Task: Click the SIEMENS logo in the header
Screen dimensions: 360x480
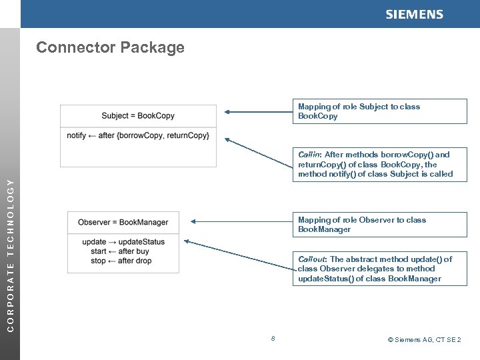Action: (414, 15)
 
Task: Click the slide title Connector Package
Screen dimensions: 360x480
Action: (110, 47)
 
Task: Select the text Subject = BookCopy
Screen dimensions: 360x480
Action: (138, 115)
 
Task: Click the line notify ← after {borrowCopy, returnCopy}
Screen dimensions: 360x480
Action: (138, 136)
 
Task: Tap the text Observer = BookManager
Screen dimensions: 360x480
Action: (123, 222)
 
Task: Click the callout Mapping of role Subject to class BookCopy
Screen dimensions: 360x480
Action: (382, 111)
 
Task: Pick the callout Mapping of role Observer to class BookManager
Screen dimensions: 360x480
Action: (382, 225)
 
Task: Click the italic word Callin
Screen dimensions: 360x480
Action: (309, 155)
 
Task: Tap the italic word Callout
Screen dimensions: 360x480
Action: (311, 259)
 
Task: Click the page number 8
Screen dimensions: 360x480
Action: (273, 339)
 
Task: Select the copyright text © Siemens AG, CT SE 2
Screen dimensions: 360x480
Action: (424, 340)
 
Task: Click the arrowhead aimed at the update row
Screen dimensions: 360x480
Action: (185, 241)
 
